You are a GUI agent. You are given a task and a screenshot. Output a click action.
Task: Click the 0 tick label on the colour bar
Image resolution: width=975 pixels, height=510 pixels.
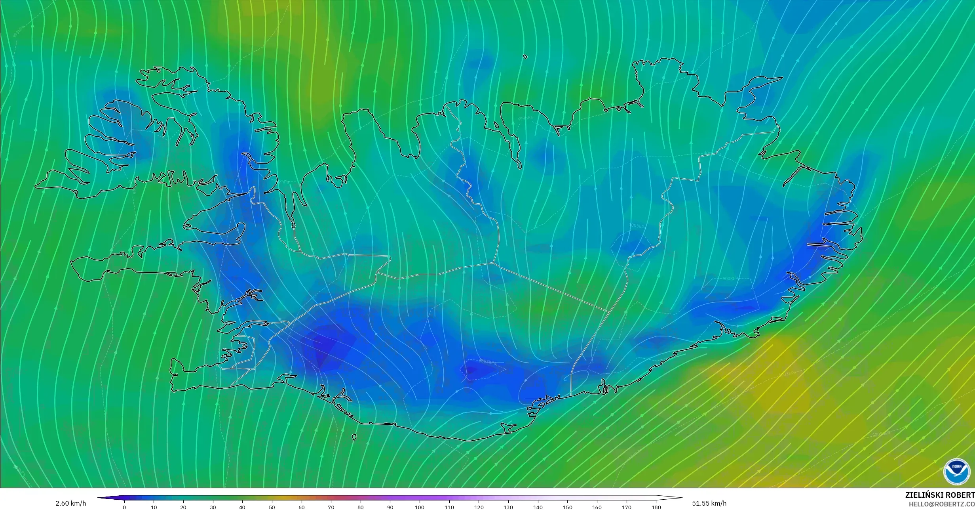(x=124, y=507)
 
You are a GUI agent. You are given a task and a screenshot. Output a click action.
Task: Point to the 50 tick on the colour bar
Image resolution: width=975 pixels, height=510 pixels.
(x=272, y=507)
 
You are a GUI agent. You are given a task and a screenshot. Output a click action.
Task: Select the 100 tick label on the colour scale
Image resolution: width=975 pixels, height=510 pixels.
(x=420, y=507)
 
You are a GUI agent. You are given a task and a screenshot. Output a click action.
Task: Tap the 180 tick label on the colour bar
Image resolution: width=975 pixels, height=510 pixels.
(x=656, y=507)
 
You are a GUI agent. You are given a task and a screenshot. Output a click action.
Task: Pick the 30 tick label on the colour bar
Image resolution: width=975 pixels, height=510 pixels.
(x=213, y=507)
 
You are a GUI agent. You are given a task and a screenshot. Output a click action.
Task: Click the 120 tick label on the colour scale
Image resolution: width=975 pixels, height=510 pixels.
(x=479, y=507)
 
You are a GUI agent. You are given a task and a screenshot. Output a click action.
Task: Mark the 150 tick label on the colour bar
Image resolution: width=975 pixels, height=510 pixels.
(x=567, y=507)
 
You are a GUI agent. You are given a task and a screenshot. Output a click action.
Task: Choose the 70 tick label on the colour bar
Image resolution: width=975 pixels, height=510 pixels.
(x=331, y=507)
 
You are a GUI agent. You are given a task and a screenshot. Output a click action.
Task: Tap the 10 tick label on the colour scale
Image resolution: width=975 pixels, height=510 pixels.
(x=154, y=507)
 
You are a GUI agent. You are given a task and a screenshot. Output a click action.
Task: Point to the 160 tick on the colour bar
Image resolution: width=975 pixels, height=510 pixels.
(x=597, y=507)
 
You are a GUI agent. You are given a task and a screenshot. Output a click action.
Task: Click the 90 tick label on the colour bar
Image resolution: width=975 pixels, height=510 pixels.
(x=390, y=507)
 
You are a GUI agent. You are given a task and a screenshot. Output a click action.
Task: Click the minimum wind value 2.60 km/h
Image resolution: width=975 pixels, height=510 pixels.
(x=71, y=503)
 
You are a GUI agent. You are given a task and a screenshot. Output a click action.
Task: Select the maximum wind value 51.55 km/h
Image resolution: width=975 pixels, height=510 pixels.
(x=709, y=503)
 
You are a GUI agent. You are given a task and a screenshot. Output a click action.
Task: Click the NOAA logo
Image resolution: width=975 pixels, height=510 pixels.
(x=957, y=472)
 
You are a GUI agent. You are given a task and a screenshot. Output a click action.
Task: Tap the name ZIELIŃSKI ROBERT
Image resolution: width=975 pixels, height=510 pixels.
(x=940, y=495)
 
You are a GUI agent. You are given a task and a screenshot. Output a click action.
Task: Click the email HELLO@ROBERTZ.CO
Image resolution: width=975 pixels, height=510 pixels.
(x=941, y=504)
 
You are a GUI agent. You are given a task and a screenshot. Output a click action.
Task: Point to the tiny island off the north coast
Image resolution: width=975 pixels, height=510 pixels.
(x=525, y=57)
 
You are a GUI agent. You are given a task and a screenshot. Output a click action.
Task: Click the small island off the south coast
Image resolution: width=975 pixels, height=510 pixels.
(x=354, y=437)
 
